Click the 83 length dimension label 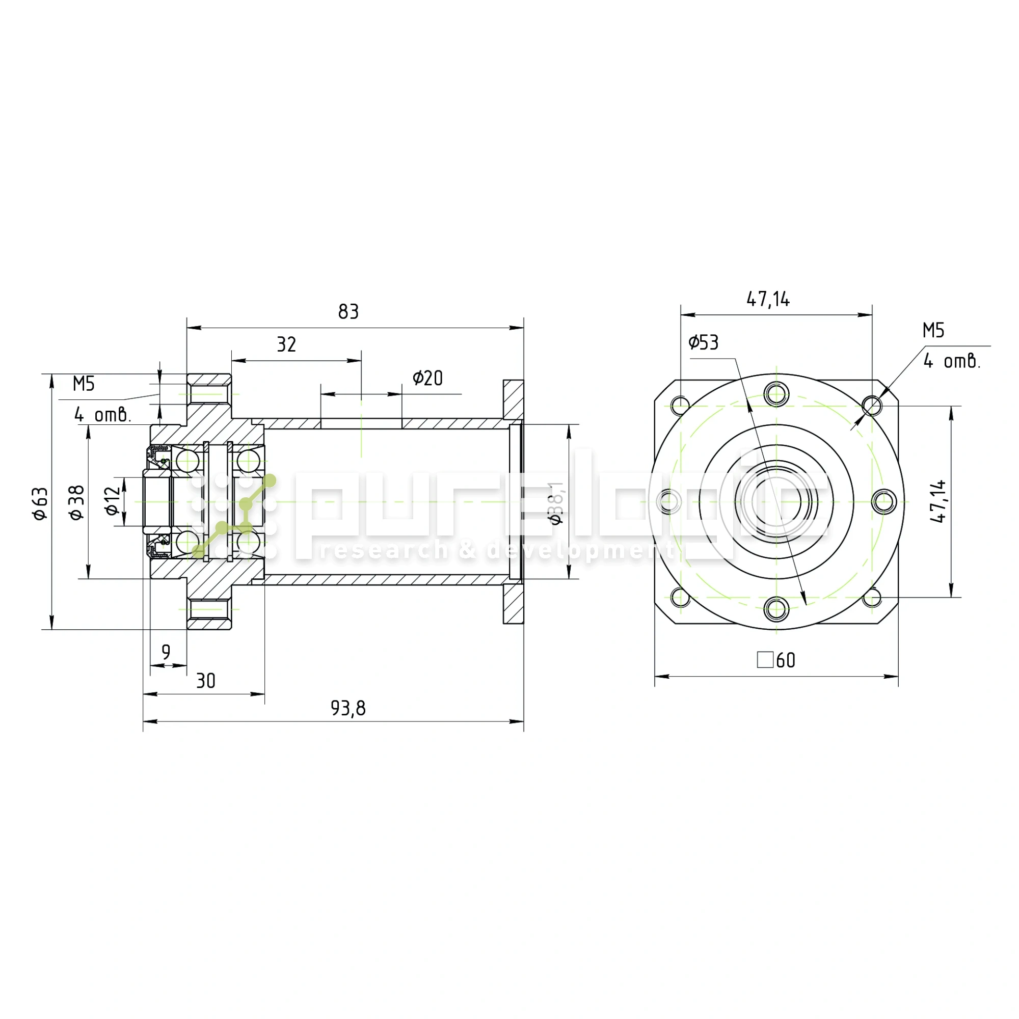click(x=348, y=312)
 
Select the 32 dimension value click(x=286, y=345)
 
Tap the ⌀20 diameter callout click(x=428, y=378)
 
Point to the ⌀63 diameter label click(x=41, y=503)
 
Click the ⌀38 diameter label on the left click(x=77, y=502)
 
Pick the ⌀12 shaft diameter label click(x=112, y=500)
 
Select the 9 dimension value click(x=166, y=653)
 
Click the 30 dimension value click(x=206, y=681)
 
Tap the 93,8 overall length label click(x=348, y=708)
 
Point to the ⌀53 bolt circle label click(x=704, y=343)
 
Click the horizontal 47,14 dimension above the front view click(x=768, y=300)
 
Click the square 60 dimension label click(x=776, y=660)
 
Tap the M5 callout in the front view click(x=933, y=331)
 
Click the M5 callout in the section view click(x=84, y=384)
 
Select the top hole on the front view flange click(x=776, y=393)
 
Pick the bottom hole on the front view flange click(x=776, y=610)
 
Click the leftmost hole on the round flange click(x=668, y=501)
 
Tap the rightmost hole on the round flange click(x=884, y=501)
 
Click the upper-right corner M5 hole click(x=872, y=406)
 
